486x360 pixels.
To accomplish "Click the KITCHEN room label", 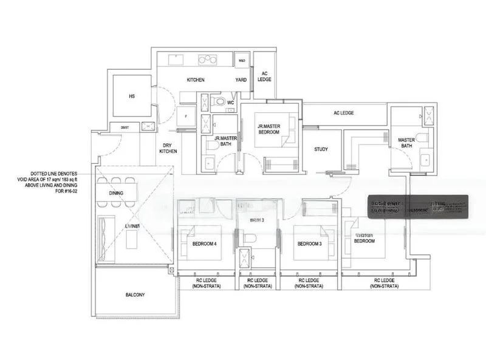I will pos(195,80).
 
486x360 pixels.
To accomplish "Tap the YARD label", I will pos(241,80).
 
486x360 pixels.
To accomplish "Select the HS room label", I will pos(131,96).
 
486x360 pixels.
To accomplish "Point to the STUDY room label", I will pos(321,149).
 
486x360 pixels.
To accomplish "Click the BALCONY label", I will pos(135,295).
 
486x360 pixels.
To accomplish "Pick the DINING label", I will pos(117,194).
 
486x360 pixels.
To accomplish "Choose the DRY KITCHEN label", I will pos(168,148).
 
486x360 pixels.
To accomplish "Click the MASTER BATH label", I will pos(406,143).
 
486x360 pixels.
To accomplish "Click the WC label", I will pos(231,103).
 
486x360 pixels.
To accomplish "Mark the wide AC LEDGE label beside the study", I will pos(344,113).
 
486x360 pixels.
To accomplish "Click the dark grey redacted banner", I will pos(420,206).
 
